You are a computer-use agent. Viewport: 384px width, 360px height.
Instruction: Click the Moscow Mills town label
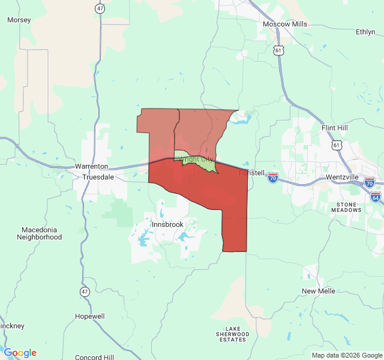pos(285,24)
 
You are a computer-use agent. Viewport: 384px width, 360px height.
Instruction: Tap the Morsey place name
pos(19,20)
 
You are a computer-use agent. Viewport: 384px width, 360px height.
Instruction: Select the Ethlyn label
pos(365,32)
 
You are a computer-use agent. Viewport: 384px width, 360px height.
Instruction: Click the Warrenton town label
pos(91,166)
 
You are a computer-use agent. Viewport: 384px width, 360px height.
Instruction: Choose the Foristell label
pos(252,173)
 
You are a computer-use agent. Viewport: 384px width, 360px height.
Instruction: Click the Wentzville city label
pos(342,178)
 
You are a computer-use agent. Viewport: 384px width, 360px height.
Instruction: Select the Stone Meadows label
pos(346,207)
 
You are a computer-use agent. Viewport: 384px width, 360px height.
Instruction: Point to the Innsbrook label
pos(167,224)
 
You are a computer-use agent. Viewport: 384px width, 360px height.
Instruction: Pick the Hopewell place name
pos(90,316)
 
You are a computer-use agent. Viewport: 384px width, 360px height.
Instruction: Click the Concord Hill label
pos(95,356)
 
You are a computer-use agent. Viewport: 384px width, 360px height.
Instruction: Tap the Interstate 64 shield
pos(376,197)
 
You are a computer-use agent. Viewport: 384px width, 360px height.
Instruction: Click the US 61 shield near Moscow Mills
pos(278,51)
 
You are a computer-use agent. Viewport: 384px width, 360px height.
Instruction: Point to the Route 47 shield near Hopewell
pos(85,291)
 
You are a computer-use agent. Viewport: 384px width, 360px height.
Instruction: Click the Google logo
pos(20,353)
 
